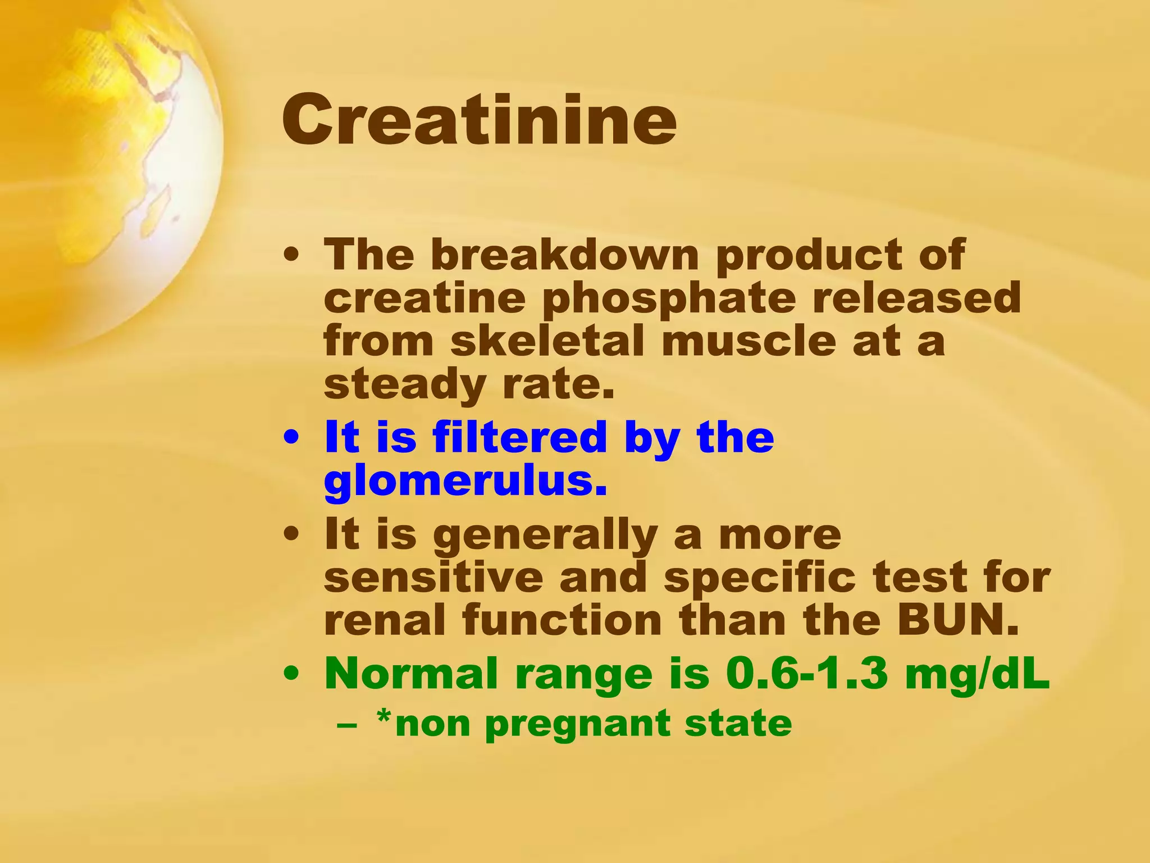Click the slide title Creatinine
coord(478,120)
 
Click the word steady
coord(404,386)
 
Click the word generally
coord(544,535)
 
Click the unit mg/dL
coord(976,674)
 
